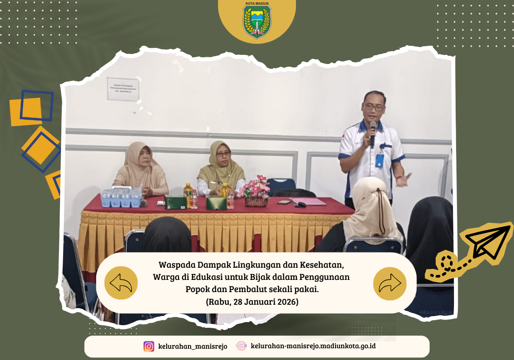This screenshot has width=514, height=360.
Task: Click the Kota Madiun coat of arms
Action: pos(257,20)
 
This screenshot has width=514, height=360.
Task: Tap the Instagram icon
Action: pos(149,347)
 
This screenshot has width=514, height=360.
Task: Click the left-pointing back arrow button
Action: pos(121,283)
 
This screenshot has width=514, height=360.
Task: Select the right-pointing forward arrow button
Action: pos(390,283)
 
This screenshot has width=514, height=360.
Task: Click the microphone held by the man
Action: pos(373,133)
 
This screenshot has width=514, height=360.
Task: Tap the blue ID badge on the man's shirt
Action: pos(380,160)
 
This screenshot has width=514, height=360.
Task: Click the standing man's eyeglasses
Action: pos(374,106)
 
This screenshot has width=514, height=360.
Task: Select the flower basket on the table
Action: pos(256,192)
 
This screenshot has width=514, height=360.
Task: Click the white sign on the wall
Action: pos(123,89)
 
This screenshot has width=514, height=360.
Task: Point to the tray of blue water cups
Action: pos(121,199)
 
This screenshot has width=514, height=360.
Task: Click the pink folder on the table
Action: pos(308,202)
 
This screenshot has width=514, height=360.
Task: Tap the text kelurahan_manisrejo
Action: pos(192,347)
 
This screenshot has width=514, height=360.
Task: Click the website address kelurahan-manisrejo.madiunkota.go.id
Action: pos(313,347)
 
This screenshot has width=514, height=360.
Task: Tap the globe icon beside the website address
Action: pos(241,346)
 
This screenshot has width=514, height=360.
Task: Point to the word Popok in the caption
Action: pos(197,289)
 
